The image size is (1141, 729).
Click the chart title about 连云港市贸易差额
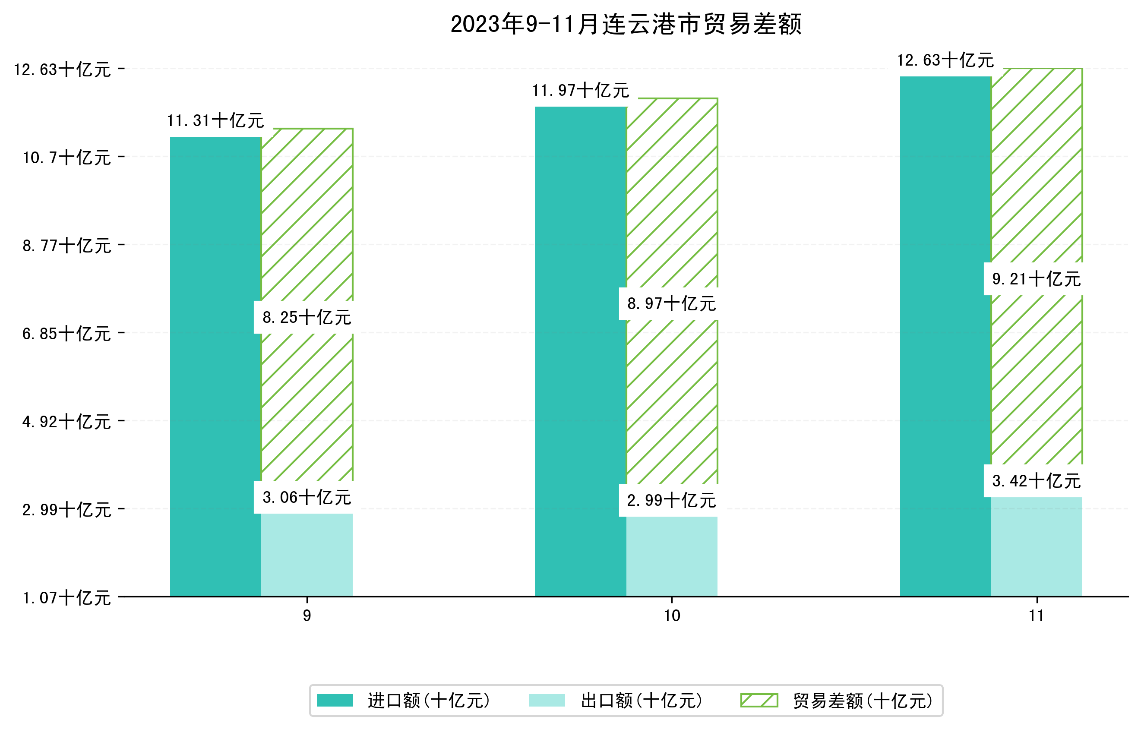[626, 25]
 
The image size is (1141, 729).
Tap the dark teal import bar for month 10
[581, 350]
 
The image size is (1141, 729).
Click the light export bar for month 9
[307, 554]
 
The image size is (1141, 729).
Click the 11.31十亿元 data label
[215, 121]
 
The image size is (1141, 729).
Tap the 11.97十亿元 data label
[581, 91]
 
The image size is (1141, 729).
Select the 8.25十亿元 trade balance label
[307, 317]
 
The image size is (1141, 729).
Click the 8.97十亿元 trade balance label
[672, 303]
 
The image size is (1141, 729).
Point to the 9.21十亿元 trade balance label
[1037, 279]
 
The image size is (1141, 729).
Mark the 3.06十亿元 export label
[307, 497]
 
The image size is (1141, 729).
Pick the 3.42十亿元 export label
[1037, 481]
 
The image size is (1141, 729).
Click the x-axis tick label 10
[672, 616]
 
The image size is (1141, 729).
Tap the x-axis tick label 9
[307, 616]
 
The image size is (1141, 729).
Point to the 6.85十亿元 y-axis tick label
[66, 334]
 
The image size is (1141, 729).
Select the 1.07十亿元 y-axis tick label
[66, 598]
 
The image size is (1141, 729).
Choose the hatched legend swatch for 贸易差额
[759, 700]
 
